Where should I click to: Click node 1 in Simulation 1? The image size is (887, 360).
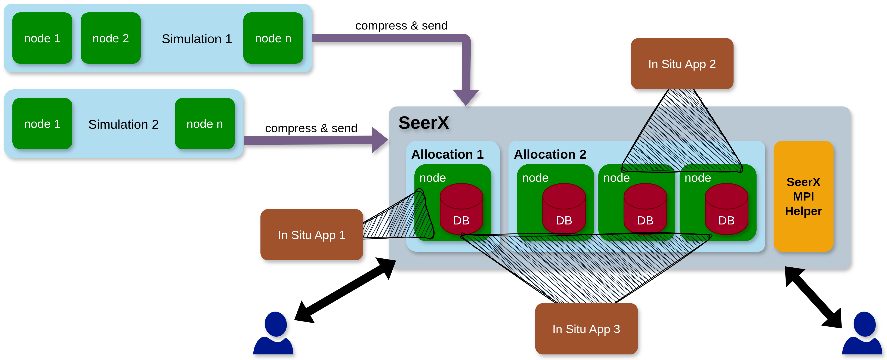click(x=42, y=38)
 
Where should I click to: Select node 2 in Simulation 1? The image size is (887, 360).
click(x=111, y=38)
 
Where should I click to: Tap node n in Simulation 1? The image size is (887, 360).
click(x=273, y=38)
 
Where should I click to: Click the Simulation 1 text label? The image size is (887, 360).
click(x=197, y=39)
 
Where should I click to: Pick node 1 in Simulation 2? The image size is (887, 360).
click(x=42, y=124)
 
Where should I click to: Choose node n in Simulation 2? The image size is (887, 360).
click(x=204, y=124)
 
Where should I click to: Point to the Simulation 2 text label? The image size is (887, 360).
click(x=123, y=124)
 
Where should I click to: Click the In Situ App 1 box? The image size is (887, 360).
click(x=311, y=235)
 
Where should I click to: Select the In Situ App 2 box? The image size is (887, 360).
click(x=682, y=64)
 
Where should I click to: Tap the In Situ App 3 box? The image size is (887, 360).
click(x=586, y=329)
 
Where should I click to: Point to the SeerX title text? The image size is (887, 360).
click(x=424, y=122)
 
